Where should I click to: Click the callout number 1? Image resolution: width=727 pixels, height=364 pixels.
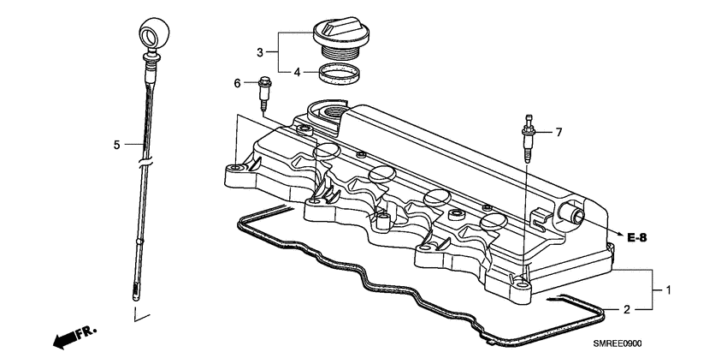[669, 290]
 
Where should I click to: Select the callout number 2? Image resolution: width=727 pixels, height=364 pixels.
[626, 309]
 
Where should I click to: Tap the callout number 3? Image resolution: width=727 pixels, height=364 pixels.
[260, 53]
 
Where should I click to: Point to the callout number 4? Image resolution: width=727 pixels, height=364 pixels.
[297, 73]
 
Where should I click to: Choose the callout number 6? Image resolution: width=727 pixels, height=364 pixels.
[238, 83]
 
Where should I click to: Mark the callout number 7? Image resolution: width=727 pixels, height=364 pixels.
[559, 132]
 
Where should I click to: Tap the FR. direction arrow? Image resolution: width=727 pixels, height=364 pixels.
[74, 337]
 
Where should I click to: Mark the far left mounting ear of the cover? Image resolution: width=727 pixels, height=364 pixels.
[236, 175]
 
